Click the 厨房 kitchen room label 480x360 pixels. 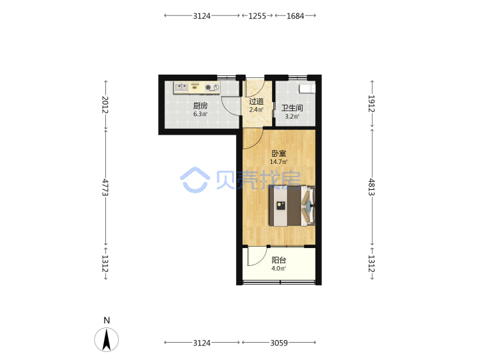tap(200, 106)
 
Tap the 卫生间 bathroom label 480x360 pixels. tap(292, 108)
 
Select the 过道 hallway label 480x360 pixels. tap(256, 101)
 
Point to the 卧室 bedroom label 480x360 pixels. tap(279, 153)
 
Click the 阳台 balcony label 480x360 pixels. tap(279, 260)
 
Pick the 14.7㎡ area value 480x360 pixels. tap(279, 161)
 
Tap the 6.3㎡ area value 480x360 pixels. tap(200, 114)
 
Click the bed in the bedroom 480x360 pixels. tap(292, 206)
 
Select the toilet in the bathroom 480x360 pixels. tap(307, 89)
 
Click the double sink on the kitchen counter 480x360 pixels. tap(181, 87)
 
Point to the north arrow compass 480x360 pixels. tap(106, 339)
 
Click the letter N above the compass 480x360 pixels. tap(107, 320)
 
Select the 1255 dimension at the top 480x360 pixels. tap(257, 15)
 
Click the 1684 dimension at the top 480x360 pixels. tap(295, 15)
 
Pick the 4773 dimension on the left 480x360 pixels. tap(105, 187)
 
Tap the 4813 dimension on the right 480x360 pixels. tap(371, 187)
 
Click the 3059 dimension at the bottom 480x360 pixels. tap(279, 343)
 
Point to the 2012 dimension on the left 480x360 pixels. tap(105, 105)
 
